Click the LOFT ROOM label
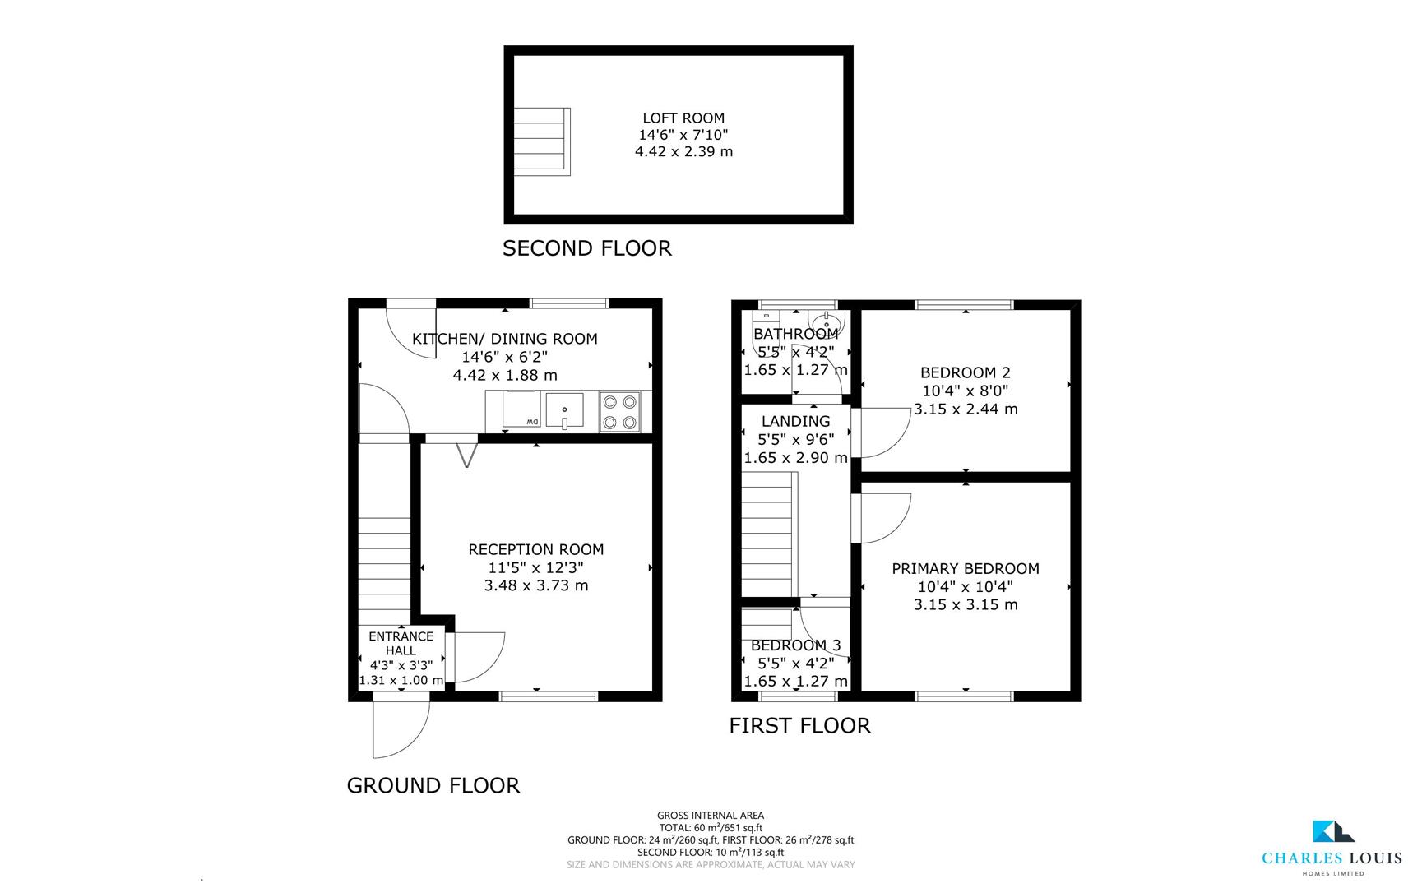pyautogui.click(x=683, y=118)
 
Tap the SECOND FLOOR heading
pyautogui.click(x=586, y=248)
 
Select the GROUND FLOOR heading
pyautogui.click(x=433, y=786)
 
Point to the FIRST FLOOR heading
pyautogui.click(x=799, y=726)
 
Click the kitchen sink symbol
pyautogui.click(x=564, y=410)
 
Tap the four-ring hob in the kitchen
pyautogui.click(x=619, y=412)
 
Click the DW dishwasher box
pyautogui.click(x=521, y=409)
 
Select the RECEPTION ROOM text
pyautogui.click(x=535, y=550)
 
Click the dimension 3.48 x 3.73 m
pyautogui.click(x=535, y=586)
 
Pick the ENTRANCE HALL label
pyautogui.click(x=401, y=643)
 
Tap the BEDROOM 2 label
pyautogui.click(x=965, y=372)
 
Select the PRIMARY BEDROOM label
pyautogui.click(x=965, y=569)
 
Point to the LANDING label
pyautogui.click(x=795, y=422)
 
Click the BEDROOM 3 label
pyautogui.click(x=795, y=645)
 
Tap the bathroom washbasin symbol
pyautogui.click(x=825, y=320)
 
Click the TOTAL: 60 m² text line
pyautogui.click(x=711, y=828)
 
